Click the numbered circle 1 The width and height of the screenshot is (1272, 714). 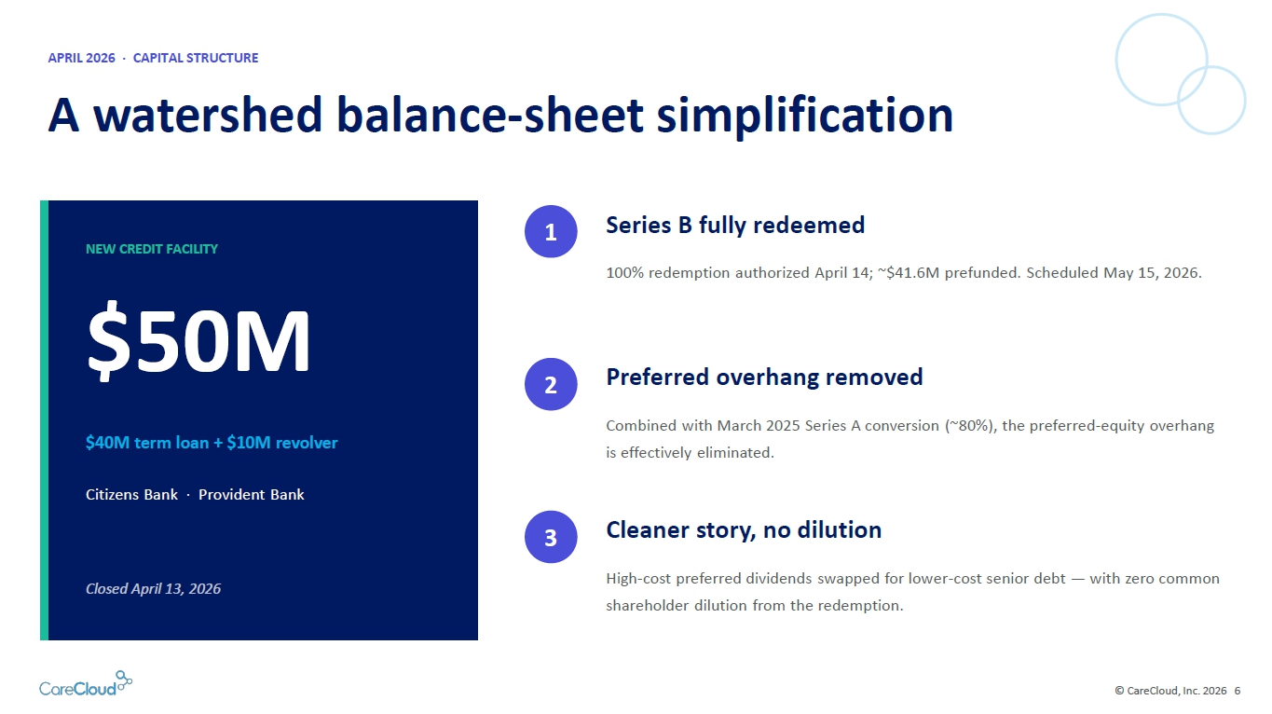coord(550,231)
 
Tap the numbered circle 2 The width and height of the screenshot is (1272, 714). coord(550,384)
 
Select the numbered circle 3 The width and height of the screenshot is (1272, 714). coord(550,537)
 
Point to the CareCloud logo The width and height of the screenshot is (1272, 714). coord(86,683)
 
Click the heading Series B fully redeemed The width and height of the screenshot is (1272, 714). coord(735,226)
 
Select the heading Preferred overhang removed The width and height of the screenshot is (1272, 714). coord(764,378)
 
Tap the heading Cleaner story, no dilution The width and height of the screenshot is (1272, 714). coord(744,530)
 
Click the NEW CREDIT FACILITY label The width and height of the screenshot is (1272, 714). coord(152,249)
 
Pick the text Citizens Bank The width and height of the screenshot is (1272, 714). coord(131,495)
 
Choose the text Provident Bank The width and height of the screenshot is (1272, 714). coord(251,495)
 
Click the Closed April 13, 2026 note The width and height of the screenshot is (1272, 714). coord(154,588)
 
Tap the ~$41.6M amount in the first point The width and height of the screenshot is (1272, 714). coord(909,273)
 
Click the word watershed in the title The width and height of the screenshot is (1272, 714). coord(209,116)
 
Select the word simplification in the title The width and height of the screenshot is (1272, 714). coord(804,117)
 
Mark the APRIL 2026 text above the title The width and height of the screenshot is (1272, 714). coord(81,58)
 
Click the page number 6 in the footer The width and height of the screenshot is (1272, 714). coord(1238,691)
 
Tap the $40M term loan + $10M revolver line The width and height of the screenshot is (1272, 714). coord(212,443)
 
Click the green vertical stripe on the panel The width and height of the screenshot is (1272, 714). coord(45,420)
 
